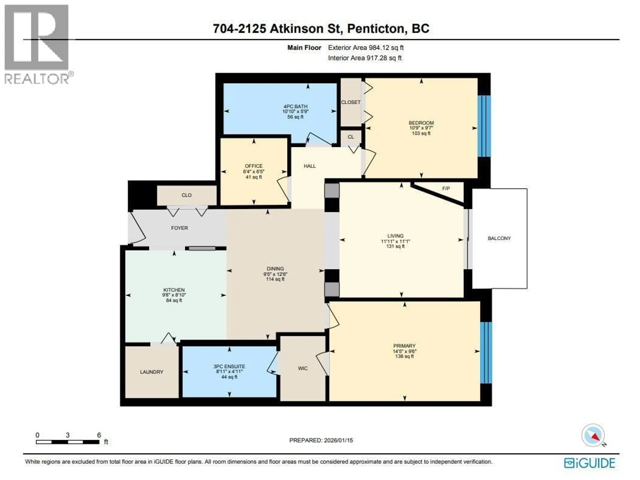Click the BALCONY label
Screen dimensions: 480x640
click(499, 238)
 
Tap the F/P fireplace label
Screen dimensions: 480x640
click(446, 188)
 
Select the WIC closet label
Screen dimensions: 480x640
click(303, 368)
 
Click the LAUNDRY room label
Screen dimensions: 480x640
click(152, 372)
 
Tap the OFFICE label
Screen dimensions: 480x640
click(254, 166)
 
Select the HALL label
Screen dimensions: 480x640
click(310, 166)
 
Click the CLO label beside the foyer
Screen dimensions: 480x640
click(187, 195)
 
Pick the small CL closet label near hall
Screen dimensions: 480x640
click(351, 137)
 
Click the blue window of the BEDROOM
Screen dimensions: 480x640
click(484, 126)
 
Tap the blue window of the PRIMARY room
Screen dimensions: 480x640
click(486, 353)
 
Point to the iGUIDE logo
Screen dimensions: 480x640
click(589, 463)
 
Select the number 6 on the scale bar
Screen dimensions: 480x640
click(99, 435)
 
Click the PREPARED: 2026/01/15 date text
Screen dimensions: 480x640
click(321, 440)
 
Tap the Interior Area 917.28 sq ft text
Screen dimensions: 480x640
click(364, 58)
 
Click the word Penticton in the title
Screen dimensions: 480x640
click(375, 29)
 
